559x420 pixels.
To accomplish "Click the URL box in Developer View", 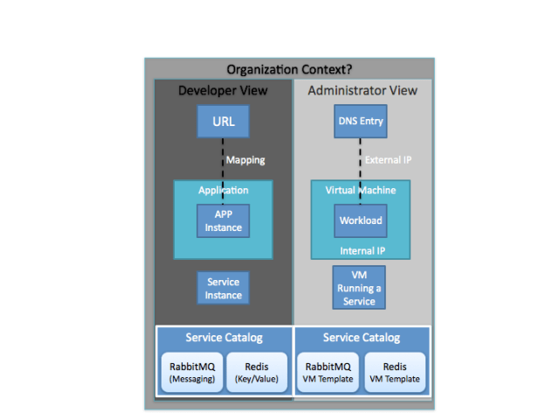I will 224,121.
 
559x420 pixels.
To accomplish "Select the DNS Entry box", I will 361,121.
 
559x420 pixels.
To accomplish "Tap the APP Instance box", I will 224,220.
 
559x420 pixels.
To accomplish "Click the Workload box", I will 361,220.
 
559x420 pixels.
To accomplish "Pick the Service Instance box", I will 224,288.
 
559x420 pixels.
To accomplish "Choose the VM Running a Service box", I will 359,288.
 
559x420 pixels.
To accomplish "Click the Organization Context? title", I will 289,69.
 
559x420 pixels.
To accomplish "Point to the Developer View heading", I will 223,90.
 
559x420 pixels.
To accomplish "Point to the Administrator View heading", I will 362,90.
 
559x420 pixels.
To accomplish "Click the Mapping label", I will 245,160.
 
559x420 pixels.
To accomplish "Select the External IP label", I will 388,160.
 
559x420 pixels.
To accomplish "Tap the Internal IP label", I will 362,250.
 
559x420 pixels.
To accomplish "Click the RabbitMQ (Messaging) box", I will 189,373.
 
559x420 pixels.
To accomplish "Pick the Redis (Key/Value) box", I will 256,373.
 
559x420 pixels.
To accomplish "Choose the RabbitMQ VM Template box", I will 327,373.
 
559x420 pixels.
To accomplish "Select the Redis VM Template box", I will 395,373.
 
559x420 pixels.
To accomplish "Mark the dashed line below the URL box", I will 224,159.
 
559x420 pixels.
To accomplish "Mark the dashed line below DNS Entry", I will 361,159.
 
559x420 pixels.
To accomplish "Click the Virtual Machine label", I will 361,190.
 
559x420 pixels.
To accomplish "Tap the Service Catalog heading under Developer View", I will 224,338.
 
